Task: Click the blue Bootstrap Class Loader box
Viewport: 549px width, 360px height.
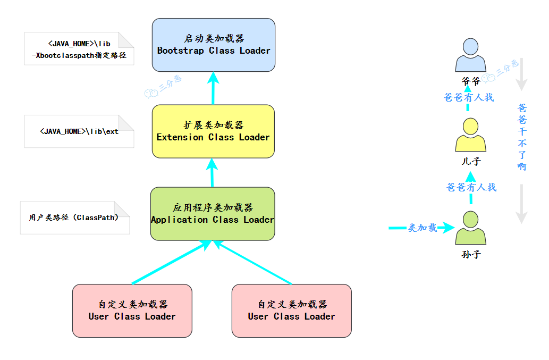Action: point(214,45)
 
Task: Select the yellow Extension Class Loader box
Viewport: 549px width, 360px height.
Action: point(213,131)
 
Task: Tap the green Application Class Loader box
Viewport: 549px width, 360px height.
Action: point(213,214)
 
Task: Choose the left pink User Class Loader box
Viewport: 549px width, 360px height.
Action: point(132,311)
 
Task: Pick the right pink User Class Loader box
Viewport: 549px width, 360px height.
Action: point(291,311)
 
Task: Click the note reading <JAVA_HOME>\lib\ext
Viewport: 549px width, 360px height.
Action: point(79,131)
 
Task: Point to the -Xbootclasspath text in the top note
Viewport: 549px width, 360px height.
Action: point(79,55)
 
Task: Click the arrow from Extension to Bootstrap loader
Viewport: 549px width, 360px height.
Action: point(213,88)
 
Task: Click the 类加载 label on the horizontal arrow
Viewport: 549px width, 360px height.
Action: point(423,228)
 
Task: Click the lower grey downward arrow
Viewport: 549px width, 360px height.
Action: point(521,204)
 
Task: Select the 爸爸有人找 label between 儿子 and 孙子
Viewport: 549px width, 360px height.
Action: point(471,187)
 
